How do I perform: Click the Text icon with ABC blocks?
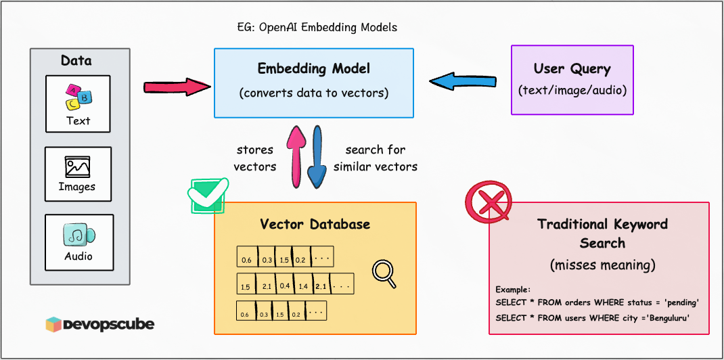coord(78,97)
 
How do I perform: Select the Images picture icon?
coord(78,166)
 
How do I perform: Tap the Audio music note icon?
coord(78,235)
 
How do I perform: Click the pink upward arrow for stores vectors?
coord(296,156)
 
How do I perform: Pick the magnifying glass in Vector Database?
coord(384,272)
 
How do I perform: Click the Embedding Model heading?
coord(313,69)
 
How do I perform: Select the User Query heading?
coord(572,69)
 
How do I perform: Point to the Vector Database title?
coord(315,224)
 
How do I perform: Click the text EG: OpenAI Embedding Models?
coord(313,28)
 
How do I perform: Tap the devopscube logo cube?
coord(54,325)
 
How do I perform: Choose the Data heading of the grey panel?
coord(76,61)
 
